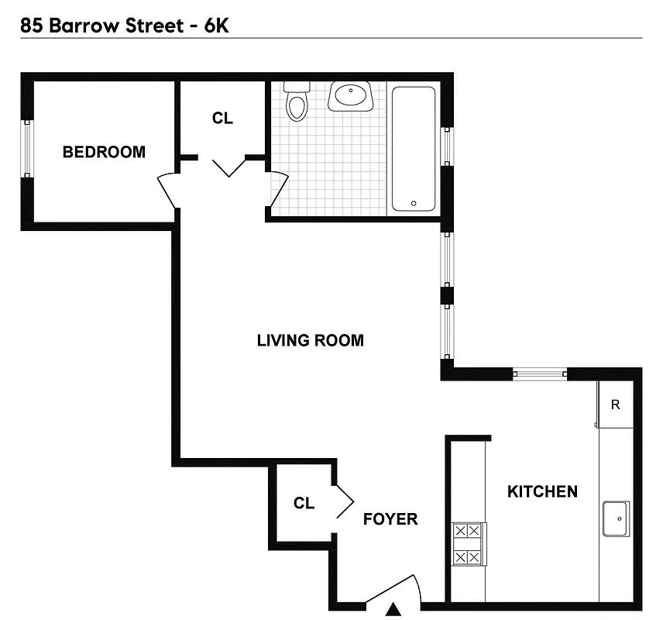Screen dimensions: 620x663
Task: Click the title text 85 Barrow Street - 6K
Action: click(x=124, y=26)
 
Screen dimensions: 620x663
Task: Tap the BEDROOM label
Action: click(x=104, y=152)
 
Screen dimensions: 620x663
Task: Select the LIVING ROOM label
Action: click(x=310, y=340)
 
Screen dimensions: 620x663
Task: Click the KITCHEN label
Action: click(x=542, y=491)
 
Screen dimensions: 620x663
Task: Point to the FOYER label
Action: click(x=390, y=519)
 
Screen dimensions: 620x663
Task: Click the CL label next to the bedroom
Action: click(x=222, y=119)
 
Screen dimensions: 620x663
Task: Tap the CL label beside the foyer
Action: click(x=304, y=504)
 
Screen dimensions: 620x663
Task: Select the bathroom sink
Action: click(x=351, y=96)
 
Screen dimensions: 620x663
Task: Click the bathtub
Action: click(x=414, y=148)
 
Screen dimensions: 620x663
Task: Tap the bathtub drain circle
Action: click(x=414, y=204)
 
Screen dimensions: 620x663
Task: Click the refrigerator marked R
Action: click(x=616, y=405)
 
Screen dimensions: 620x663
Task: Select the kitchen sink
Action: click(x=616, y=518)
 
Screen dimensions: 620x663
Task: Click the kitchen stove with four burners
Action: click(x=469, y=544)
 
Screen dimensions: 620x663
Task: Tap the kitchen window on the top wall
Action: click(x=541, y=374)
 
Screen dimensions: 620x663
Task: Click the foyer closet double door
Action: click(x=343, y=501)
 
